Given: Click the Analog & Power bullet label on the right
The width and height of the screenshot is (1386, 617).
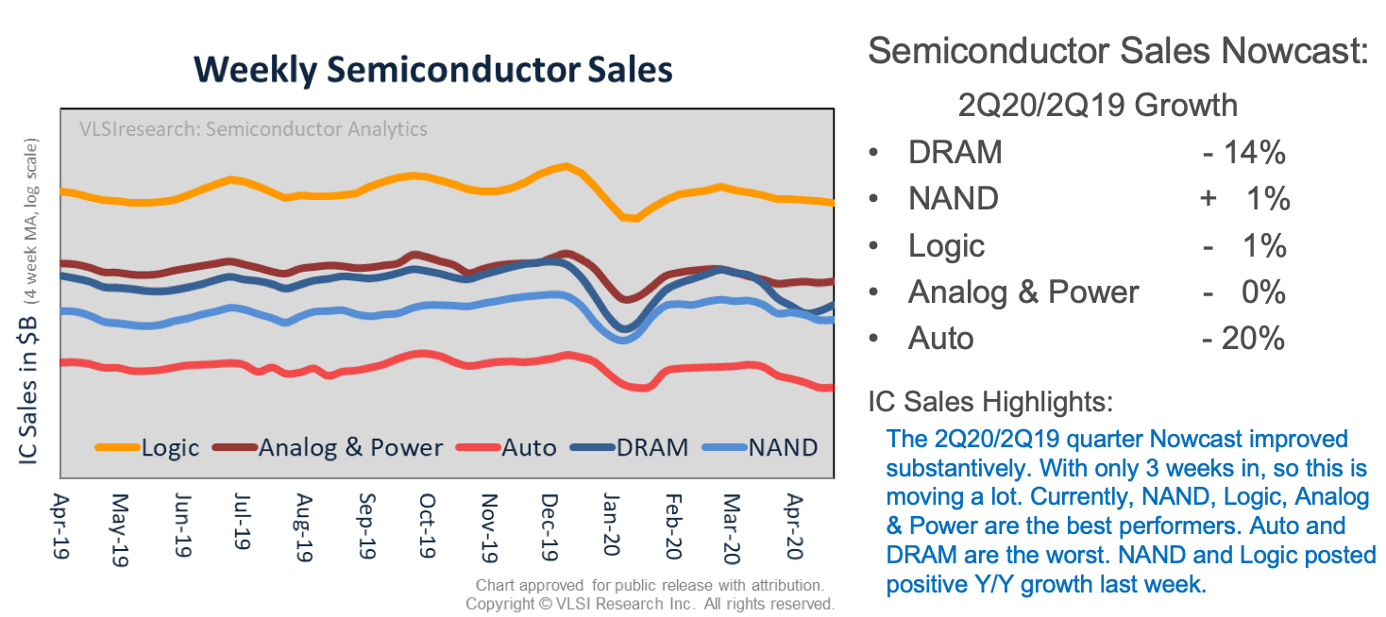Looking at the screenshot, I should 1023,292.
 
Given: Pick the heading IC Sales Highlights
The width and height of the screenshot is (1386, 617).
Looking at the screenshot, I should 990,402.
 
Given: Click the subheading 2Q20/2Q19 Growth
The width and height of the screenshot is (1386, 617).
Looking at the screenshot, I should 1097,104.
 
